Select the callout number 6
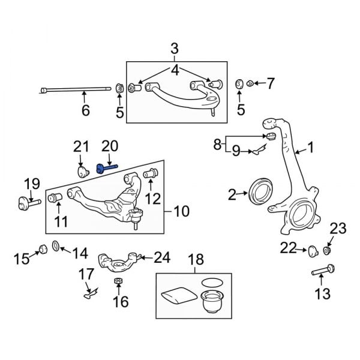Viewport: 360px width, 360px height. point(86,110)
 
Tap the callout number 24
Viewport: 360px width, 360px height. point(162,257)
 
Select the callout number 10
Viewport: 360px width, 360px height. point(181,211)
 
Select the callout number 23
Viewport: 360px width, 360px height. point(338,229)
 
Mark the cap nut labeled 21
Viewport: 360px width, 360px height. point(83,173)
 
